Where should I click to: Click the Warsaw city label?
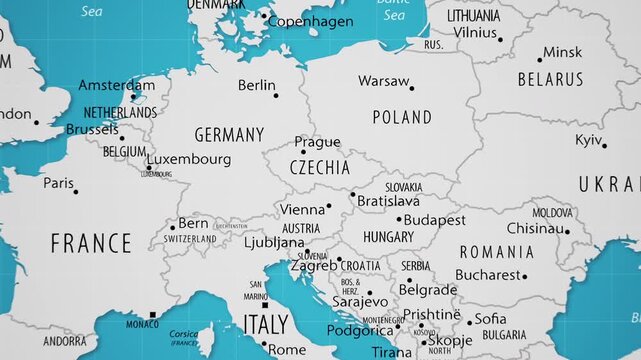click(383, 80)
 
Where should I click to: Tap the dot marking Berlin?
click(276, 95)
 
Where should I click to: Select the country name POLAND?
click(402, 117)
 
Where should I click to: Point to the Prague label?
click(317, 143)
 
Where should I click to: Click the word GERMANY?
click(229, 134)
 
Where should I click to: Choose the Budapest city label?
click(434, 219)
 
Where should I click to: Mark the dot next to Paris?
click(76, 191)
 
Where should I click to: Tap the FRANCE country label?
click(91, 243)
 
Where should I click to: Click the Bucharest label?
click(488, 274)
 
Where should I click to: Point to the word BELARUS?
click(550, 79)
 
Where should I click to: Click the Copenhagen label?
click(311, 21)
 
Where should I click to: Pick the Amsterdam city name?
click(117, 85)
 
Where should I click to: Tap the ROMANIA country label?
click(497, 252)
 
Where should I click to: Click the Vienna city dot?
click(329, 207)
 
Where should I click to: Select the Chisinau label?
click(535, 228)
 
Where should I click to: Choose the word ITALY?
click(266, 324)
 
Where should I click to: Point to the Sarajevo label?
click(360, 300)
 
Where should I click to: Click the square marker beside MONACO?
click(153, 315)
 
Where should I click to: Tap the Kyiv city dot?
click(604, 145)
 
